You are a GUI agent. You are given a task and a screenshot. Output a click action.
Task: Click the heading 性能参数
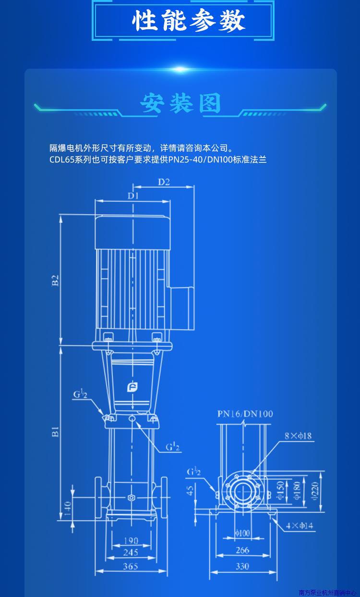tap(189, 21)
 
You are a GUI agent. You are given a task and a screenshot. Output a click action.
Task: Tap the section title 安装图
tap(180, 103)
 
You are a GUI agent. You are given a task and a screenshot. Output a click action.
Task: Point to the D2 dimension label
tap(164, 182)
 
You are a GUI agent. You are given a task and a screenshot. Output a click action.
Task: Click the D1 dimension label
tap(132, 195)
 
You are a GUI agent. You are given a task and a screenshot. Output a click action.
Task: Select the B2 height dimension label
tap(56, 280)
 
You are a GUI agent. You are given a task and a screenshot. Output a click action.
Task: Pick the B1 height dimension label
tap(56, 431)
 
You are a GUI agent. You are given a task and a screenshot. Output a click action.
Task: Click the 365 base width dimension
tap(130, 566)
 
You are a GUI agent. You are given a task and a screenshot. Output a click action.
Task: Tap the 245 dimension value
tap(130, 553)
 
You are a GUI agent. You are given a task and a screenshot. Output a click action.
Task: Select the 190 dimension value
tap(130, 541)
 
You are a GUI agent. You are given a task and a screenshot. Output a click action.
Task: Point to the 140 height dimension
tap(67, 507)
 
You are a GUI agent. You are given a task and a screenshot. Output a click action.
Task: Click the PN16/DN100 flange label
tap(245, 414)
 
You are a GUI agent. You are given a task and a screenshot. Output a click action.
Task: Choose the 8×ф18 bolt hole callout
tap(298, 436)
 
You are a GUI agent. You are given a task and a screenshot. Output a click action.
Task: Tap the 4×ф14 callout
tap(300, 526)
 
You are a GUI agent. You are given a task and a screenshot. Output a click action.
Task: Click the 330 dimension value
tap(242, 566)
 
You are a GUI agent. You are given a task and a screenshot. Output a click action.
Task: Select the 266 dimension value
tap(242, 550)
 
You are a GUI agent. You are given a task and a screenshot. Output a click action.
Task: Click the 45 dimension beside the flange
tap(190, 490)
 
